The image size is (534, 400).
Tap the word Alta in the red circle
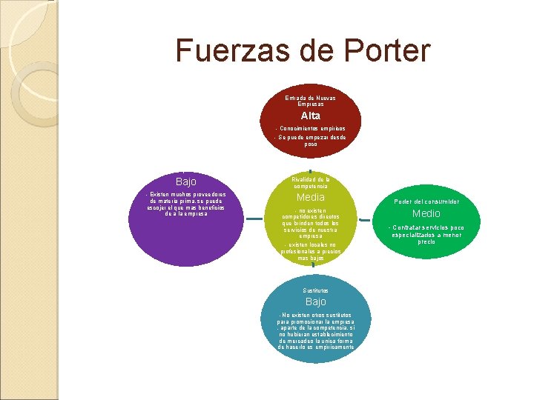click(x=310, y=116)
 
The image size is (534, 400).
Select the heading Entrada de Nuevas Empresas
click(x=310, y=101)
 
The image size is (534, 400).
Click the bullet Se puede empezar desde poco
click(x=311, y=141)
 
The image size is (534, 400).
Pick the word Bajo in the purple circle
click(x=186, y=181)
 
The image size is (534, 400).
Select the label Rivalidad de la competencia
click(x=311, y=182)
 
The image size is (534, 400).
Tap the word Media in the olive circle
click(x=311, y=198)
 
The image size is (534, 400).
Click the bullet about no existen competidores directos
click(x=311, y=223)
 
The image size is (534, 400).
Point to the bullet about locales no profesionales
click(x=311, y=251)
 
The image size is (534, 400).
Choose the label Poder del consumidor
click(x=426, y=201)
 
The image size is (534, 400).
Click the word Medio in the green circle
click(x=426, y=214)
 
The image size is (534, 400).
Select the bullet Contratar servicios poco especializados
click(x=426, y=234)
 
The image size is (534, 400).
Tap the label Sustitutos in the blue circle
click(x=315, y=290)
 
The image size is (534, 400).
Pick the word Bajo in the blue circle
click(x=315, y=302)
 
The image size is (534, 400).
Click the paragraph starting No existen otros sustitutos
click(x=315, y=330)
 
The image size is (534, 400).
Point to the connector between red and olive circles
click(x=310, y=170)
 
